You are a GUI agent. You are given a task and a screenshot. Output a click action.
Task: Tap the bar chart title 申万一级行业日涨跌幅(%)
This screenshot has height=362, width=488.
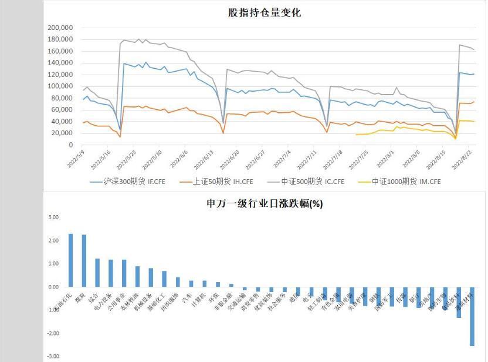265,204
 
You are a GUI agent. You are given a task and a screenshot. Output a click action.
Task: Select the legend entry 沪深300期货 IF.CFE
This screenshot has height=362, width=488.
127,182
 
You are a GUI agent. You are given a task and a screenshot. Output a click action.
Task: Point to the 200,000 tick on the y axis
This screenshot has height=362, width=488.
60,28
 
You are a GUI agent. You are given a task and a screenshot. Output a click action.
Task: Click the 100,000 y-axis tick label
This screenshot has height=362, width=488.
60,86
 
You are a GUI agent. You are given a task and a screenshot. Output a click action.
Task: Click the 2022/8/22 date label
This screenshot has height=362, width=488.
463,159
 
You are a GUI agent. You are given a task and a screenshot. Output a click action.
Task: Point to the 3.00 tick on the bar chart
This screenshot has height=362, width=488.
53,217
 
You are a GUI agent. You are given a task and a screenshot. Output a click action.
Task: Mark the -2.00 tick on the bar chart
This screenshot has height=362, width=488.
53,333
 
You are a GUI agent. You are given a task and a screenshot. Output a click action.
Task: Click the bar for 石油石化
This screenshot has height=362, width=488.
71,260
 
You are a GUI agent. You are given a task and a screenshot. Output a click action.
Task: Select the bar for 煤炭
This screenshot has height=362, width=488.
84,261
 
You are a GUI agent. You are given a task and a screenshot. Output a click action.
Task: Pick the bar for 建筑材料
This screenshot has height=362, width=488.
472,316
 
